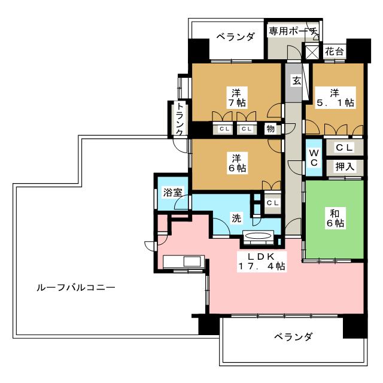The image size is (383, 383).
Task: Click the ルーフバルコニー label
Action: (76, 287)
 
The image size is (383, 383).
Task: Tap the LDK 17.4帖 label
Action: (262, 261)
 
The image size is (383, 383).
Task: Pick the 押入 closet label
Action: (345, 166)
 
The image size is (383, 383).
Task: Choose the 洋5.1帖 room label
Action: (335, 98)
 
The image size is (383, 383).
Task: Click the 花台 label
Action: (334, 51)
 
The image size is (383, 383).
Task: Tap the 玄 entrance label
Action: (296, 81)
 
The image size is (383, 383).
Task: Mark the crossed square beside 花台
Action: (312, 51)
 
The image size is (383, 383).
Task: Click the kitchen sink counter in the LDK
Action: (184, 262)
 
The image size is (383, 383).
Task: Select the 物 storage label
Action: (270, 128)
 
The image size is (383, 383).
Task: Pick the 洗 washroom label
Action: (236, 218)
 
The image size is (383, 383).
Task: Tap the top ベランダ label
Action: (235, 37)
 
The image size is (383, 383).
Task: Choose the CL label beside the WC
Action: (345, 147)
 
